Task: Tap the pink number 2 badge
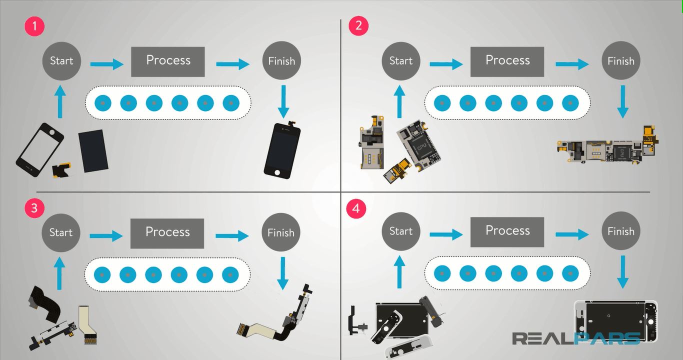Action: point(358,26)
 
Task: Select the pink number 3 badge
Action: point(34,208)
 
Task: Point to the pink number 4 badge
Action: point(356,208)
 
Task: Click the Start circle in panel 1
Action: point(61,61)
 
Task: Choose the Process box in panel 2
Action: point(507,61)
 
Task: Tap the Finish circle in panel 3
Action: point(281,233)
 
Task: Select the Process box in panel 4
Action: point(507,231)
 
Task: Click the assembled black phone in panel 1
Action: point(283,150)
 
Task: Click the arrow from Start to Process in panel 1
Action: point(107,64)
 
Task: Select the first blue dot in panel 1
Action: point(103,103)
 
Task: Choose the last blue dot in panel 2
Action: point(570,103)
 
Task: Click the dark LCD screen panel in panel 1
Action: point(93,150)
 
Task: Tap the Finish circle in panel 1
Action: point(281,61)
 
